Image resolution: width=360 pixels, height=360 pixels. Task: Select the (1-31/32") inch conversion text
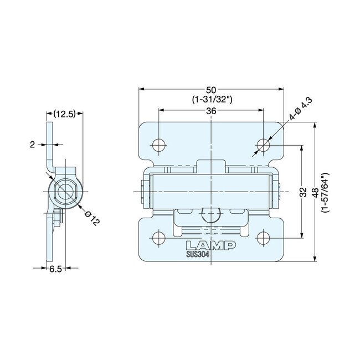click(x=211, y=100)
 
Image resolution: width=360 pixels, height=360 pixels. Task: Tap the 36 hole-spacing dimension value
click(x=211, y=111)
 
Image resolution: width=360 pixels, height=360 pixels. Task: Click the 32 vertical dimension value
click(x=303, y=192)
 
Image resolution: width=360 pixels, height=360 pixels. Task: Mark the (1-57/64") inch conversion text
click(x=326, y=192)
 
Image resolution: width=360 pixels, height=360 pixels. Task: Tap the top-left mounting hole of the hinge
click(x=158, y=145)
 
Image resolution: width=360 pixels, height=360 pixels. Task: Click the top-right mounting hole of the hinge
click(x=263, y=145)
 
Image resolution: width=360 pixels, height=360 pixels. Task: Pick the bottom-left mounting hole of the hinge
click(x=158, y=238)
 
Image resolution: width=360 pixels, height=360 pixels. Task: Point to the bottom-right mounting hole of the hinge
click(x=263, y=238)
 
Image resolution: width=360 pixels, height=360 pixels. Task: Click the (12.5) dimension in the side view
click(x=64, y=115)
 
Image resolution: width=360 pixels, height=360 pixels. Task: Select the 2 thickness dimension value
click(x=33, y=145)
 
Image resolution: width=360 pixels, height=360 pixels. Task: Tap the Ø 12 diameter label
click(x=92, y=217)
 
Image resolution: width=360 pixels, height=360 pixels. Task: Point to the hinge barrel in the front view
click(x=210, y=191)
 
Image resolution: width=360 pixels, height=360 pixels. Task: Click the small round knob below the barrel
click(x=211, y=213)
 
